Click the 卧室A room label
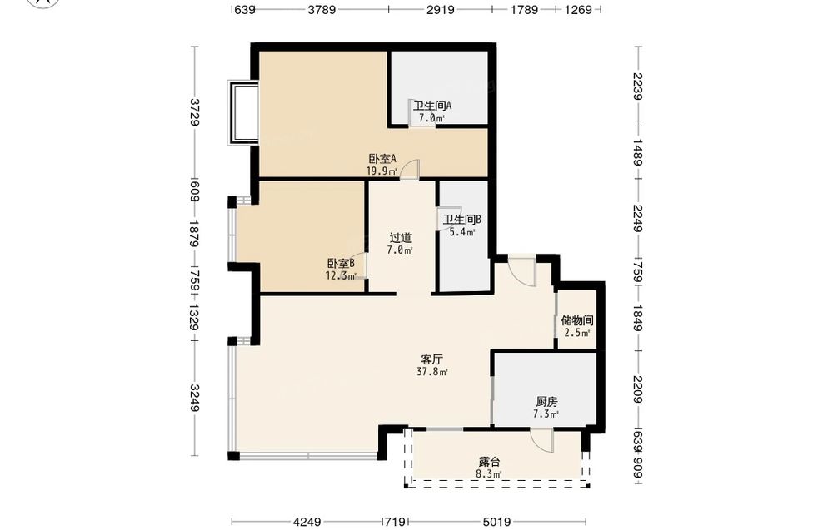coord(382,159)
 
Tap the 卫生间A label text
coord(432,106)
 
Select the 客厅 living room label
coord(431,359)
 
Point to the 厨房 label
coord(546,402)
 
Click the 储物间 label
coord(577,321)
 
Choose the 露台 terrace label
coord(489,463)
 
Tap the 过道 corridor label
coord(401,238)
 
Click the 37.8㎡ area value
coord(432,372)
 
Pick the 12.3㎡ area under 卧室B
coord(341,275)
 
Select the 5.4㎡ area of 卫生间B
coord(462,232)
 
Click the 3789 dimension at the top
coord(322,9)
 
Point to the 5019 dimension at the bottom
coord(497,522)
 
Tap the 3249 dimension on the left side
coord(194,398)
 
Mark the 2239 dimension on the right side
coord(639,86)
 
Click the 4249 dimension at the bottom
coord(307,522)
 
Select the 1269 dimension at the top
coord(578,9)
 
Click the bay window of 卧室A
coord(243,112)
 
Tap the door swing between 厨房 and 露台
coord(542,441)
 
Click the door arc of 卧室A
coord(410,169)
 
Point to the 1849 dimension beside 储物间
coord(639,318)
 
